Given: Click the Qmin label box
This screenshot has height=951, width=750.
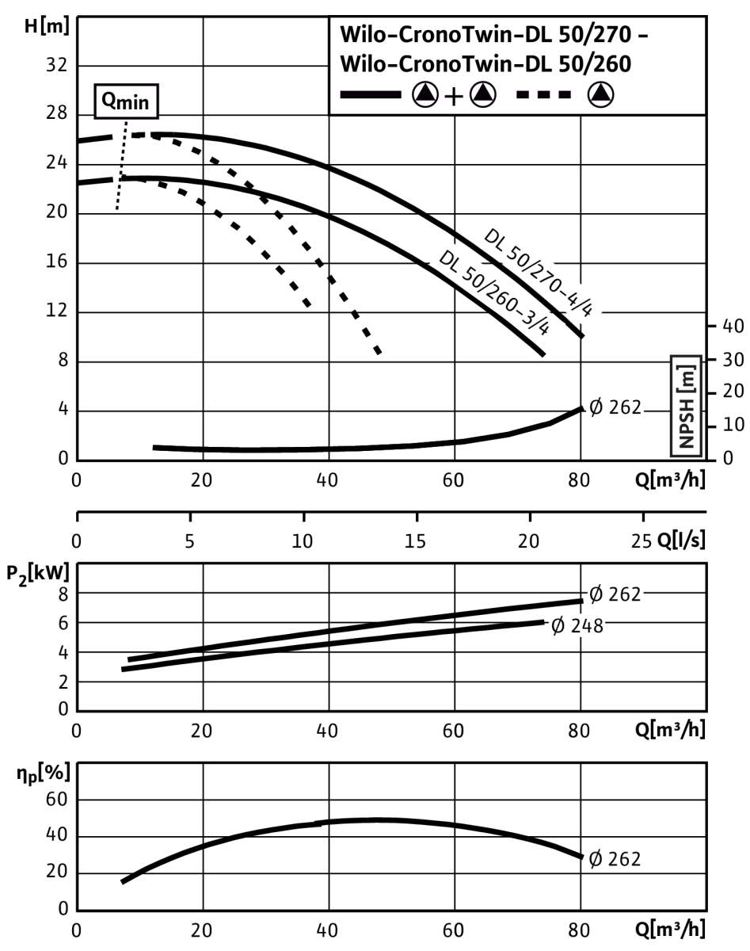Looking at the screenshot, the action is (x=126, y=101).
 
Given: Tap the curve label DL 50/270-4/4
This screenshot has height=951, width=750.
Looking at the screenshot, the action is (x=538, y=273).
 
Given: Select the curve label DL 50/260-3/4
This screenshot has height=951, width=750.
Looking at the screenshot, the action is (x=494, y=292).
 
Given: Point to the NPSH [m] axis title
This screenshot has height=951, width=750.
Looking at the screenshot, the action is (x=686, y=406).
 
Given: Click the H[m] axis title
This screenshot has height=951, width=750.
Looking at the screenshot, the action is (x=47, y=26).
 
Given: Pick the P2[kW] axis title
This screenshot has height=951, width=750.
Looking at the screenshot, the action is (x=38, y=575).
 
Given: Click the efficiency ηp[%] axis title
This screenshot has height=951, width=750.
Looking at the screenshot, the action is (x=43, y=773).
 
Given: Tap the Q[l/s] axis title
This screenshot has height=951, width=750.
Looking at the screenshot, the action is (x=680, y=540).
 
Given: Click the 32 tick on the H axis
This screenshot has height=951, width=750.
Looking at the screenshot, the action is (x=56, y=66).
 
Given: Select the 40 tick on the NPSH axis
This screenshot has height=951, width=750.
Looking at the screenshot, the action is (x=733, y=326).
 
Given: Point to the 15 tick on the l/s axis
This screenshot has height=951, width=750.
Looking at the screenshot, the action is (x=415, y=541).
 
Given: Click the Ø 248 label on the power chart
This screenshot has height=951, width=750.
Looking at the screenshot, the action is (x=577, y=626).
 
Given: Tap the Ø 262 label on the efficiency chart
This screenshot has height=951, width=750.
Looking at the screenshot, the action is (x=615, y=858).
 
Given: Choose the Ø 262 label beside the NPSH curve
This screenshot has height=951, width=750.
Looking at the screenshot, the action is (x=615, y=407).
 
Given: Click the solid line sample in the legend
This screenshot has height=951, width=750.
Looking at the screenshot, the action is (x=370, y=94).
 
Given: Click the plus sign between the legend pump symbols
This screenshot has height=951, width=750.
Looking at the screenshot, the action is (x=454, y=96).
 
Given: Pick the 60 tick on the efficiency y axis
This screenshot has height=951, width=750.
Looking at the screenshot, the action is (x=56, y=800).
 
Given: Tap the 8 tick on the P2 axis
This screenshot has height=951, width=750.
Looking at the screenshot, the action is (x=63, y=594).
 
